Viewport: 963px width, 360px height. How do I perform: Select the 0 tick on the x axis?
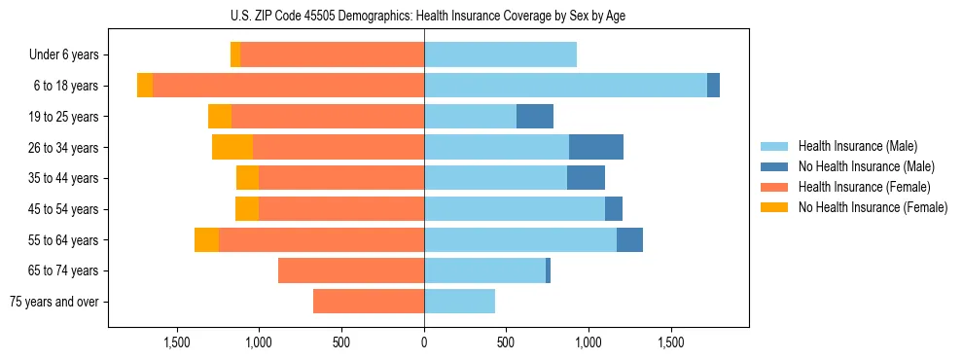coord(424,343)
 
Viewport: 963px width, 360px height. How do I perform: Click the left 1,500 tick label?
coord(176,343)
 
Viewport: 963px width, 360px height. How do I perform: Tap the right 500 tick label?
coord(506,343)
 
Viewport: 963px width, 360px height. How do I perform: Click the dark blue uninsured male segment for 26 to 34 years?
coord(596,147)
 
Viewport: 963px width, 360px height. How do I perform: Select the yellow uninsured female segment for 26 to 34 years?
coord(232,147)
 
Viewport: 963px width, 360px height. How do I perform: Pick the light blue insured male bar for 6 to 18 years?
coord(565,86)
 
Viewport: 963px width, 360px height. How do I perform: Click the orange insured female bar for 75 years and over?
coord(369,302)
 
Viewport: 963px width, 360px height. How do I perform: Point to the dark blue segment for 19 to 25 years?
coord(535,117)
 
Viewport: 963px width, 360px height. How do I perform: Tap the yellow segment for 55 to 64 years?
coord(206,240)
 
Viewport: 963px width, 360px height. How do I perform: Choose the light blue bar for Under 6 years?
coord(500,55)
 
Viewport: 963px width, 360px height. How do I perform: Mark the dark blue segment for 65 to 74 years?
coord(549,270)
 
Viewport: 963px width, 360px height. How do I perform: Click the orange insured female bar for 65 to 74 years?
coord(351,270)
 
